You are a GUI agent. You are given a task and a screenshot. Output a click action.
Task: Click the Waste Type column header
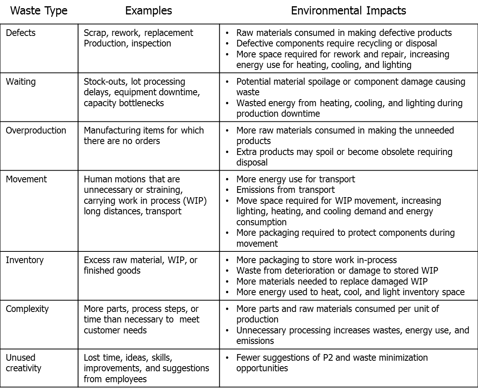click(39, 11)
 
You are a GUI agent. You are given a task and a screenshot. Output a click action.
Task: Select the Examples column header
click(148, 11)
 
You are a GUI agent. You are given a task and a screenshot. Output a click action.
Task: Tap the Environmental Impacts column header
click(348, 11)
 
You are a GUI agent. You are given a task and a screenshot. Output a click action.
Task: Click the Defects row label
click(20, 33)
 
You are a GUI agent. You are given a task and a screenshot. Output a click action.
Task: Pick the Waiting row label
click(20, 82)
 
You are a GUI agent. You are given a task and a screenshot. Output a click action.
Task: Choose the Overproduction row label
click(36, 130)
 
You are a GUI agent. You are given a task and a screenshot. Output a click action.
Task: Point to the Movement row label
click(26, 179)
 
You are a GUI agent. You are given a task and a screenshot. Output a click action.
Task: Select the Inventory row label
click(24, 260)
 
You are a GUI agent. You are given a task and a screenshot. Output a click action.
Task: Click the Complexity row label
click(27, 309)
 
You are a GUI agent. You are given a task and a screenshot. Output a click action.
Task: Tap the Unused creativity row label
click(23, 363)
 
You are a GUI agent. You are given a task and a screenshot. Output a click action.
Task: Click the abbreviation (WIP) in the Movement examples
click(195, 201)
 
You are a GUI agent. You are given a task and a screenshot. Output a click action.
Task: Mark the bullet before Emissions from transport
click(228, 190)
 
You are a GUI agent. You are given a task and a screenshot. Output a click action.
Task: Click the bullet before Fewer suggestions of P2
click(228, 358)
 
